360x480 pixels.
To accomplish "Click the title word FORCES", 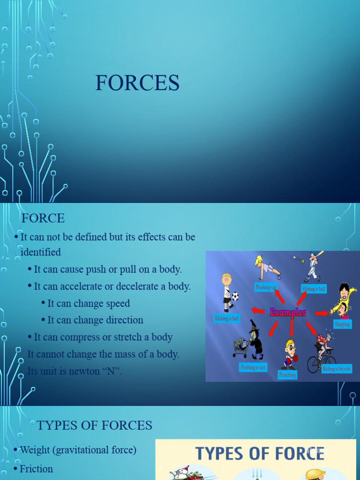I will [137, 83].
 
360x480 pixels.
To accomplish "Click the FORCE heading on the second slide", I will [43, 218].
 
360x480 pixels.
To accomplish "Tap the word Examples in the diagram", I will [288, 312].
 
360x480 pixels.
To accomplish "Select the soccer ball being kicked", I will [235, 296].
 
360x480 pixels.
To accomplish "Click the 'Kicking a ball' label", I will [227, 319].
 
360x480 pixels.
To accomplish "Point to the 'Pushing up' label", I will [266, 286].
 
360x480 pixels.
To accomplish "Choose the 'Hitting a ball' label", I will [314, 289].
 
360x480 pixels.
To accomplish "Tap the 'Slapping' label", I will [342, 324].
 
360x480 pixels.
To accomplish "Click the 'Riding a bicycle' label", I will [336, 369].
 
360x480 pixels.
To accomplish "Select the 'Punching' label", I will [287, 375].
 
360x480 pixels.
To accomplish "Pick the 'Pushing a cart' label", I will [253, 367].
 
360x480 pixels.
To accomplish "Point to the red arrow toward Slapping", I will [321, 313].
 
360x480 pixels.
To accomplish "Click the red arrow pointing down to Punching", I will [291, 328].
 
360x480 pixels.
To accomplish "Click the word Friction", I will [36, 469].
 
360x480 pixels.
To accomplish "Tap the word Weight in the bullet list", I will [35, 450].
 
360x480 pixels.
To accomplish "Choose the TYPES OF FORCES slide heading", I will [94, 425].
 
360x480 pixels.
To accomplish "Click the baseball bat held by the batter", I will [317, 255].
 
